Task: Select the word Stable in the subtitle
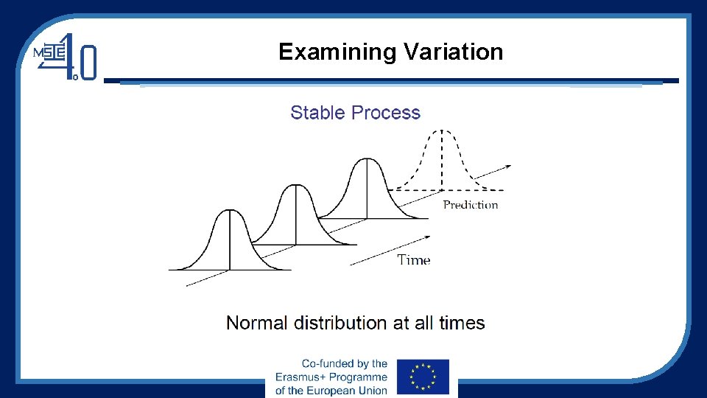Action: click(x=318, y=113)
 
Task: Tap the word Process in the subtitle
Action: click(x=386, y=113)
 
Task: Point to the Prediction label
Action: click(x=471, y=205)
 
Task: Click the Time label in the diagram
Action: click(x=414, y=259)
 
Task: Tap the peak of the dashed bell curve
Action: click(x=442, y=130)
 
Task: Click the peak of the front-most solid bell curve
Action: click(x=230, y=211)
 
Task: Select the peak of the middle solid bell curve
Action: click(x=296, y=185)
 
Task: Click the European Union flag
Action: click(x=423, y=377)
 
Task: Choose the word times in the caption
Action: click(x=462, y=323)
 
